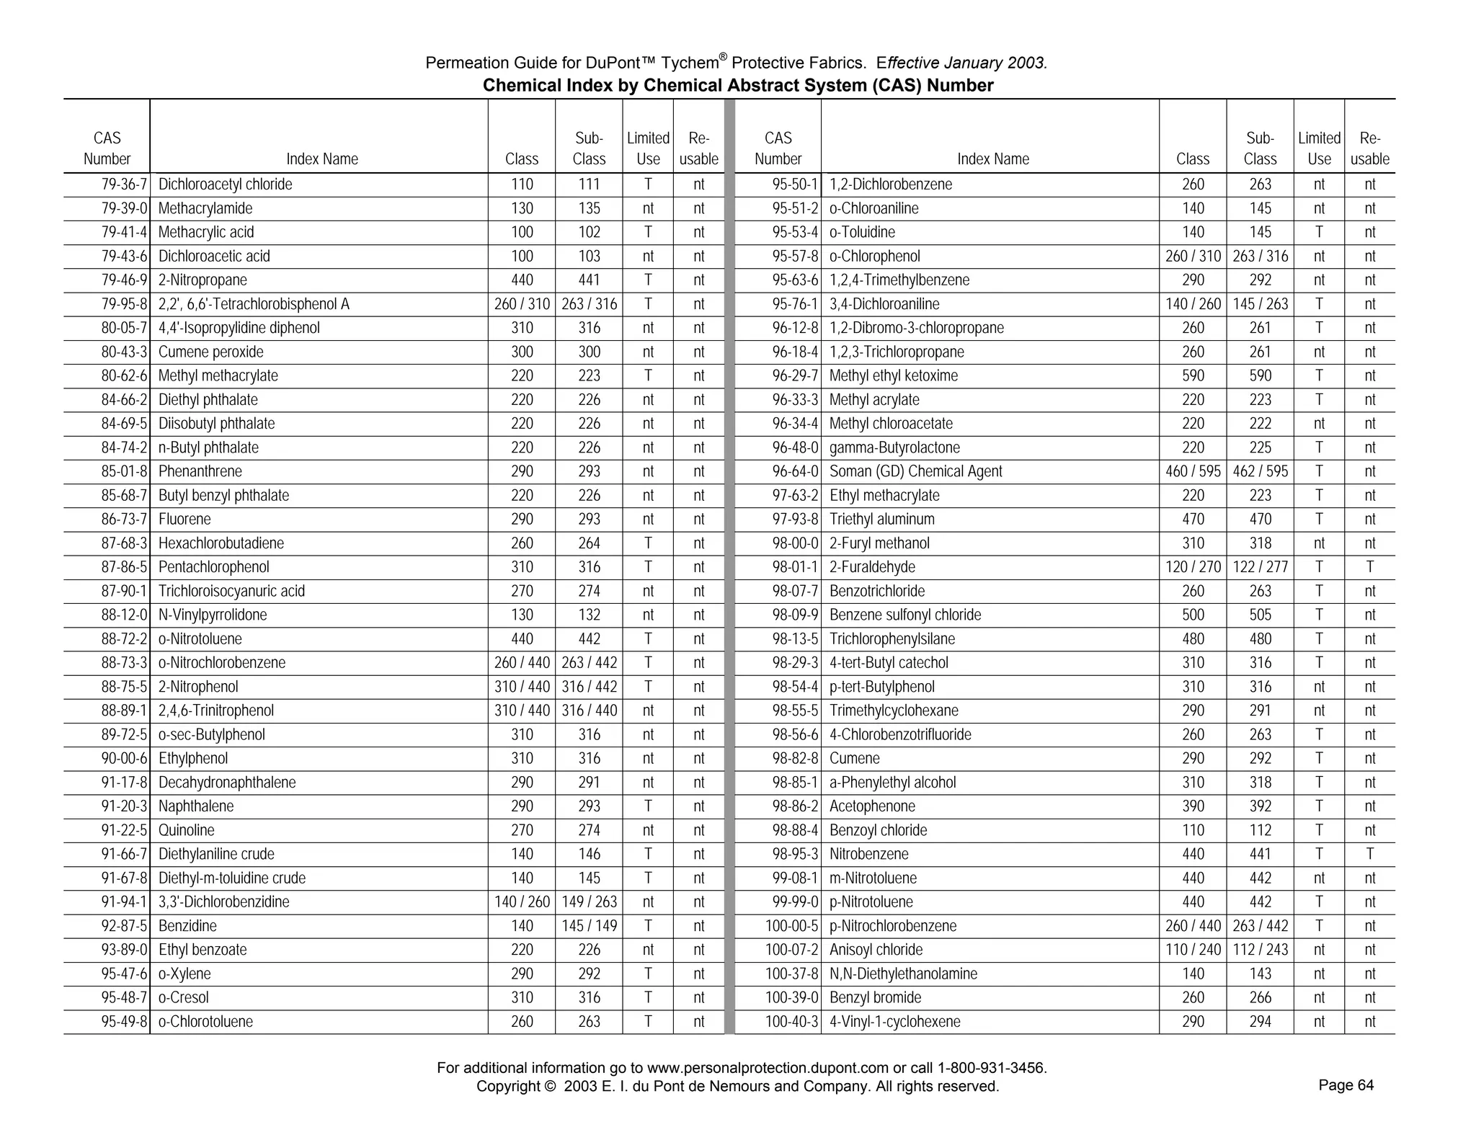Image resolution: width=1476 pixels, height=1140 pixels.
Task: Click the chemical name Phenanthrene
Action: click(200, 471)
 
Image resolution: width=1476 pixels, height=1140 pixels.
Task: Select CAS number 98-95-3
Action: click(795, 854)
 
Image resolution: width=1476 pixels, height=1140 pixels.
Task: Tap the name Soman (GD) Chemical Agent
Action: click(915, 471)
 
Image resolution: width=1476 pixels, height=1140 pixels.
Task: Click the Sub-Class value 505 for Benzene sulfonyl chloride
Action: click(1260, 615)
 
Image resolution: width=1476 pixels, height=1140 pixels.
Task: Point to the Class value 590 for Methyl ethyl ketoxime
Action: click(1193, 375)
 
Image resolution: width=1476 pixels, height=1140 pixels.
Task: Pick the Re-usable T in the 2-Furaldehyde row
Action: click(1369, 567)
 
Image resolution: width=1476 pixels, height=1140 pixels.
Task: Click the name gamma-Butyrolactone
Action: click(894, 447)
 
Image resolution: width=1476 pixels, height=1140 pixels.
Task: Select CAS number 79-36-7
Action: click(124, 184)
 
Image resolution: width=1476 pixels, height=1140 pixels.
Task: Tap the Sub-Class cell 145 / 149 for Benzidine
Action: click(589, 926)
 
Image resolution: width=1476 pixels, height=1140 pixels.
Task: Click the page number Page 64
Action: click(1346, 1085)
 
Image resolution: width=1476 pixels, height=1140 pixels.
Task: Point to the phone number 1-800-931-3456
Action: click(992, 1068)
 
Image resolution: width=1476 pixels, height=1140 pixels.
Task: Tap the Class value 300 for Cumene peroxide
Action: click(522, 352)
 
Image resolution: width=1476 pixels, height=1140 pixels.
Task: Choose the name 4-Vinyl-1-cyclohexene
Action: click(894, 1021)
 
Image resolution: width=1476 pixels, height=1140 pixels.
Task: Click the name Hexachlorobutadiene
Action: click(221, 543)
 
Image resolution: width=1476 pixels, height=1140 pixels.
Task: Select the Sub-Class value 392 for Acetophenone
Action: click(1260, 806)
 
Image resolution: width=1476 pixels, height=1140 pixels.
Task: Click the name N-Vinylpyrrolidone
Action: click(213, 615)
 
